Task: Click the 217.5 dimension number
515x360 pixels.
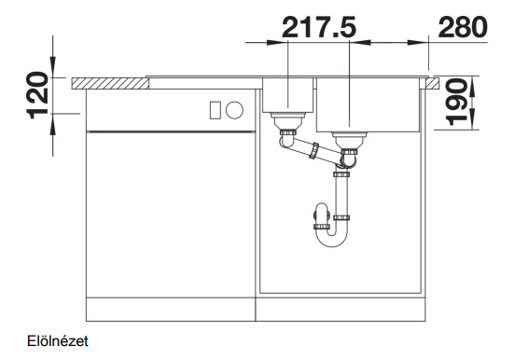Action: [x=319, y=27]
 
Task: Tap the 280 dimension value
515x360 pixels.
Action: [x=463, y=27]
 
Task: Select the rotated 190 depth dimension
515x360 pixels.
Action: [x=457, y=103]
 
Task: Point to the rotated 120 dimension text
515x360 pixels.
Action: [x=37, y=95]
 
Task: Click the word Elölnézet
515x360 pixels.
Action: [x=58, y=341]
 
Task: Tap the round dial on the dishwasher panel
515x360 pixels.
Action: [x=234, y=110]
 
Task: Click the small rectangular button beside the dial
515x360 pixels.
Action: [x=216, y=110]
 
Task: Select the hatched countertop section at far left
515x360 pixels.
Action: [x=110, y=83]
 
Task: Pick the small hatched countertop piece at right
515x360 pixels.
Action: [x=432, y=83]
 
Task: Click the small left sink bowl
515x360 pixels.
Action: [x=287, y=95]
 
